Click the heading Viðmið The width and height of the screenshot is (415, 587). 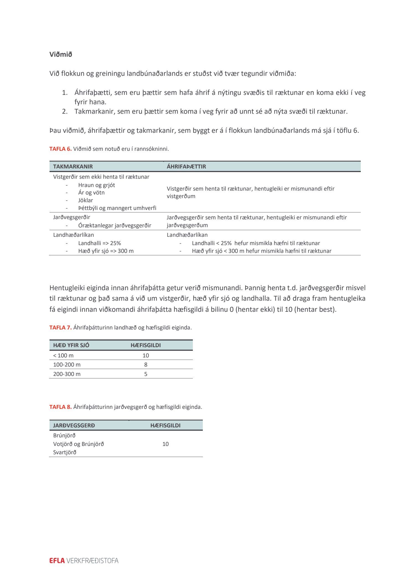61,54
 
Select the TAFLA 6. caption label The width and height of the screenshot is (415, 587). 60,149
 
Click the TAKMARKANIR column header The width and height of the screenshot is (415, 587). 73,167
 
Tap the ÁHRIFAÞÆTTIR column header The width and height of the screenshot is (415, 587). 186,167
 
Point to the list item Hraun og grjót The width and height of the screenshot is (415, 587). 96,185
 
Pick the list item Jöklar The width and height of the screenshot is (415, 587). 85,200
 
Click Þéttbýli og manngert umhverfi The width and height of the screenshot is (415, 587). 117,208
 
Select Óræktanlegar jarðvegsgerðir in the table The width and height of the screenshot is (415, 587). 115,225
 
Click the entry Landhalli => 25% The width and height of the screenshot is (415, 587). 99,243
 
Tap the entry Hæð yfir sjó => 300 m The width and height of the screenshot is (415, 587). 106,251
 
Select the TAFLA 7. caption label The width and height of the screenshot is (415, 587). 60,328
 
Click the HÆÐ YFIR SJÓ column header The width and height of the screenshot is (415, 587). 71,345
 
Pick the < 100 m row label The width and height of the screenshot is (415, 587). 63,355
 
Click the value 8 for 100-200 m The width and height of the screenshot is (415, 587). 146,365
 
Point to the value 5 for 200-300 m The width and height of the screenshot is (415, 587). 146,374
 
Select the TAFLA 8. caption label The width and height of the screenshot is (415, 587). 60,407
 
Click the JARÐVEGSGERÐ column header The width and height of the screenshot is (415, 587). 74,425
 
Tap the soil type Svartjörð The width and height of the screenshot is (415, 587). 65,452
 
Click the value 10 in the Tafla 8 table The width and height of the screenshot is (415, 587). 165,444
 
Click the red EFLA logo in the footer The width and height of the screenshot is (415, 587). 57,561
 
